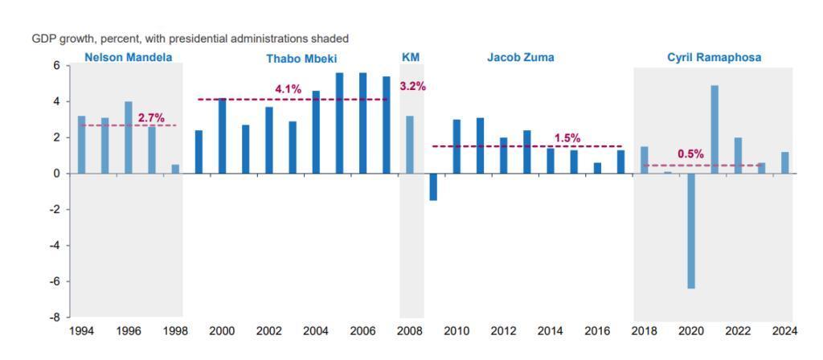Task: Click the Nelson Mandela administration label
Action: (x=128, y=57)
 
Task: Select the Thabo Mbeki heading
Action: (x=301, y=59)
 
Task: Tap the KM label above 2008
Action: (x=411, y=57)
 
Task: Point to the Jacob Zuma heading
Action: (x=520, y=57)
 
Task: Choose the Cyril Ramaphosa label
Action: (x=714, y=57)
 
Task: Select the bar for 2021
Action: (x=714, y=129)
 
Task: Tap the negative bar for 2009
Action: (x=433, y=186)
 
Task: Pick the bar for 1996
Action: (x=129, y=137)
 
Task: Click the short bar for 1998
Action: (x=175, y=169)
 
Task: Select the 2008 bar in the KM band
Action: (x=410, y=145)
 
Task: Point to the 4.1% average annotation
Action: (x=288, y=89)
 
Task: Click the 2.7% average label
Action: (x=151, y=117)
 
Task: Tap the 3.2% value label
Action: (x=412, y=86)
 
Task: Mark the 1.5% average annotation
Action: (x=567, y=137)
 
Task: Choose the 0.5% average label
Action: (x=690, y=153)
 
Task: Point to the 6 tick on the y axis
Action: (x=57, y=65)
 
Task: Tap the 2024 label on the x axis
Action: (x=784, y=331)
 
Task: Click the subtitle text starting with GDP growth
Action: (x=190, y=39)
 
